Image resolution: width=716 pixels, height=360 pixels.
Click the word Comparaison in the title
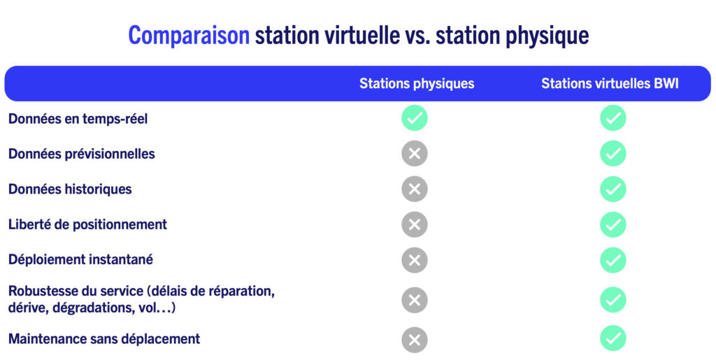[189, 35]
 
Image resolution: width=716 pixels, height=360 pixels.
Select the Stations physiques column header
[417, 83]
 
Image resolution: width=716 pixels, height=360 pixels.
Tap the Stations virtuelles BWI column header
[610, 83]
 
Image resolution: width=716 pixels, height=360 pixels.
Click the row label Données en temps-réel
[78, 119]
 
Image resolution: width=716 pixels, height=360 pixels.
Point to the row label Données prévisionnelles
[81, 154]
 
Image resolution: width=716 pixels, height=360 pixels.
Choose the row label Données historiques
[70, 189]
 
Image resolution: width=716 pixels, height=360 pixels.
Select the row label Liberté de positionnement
[87, 224]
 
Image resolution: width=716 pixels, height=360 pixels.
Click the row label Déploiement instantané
[80, 259]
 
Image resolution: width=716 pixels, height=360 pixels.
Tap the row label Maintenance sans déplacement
[104, 339]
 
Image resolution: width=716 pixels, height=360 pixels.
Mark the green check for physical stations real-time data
[415, 118]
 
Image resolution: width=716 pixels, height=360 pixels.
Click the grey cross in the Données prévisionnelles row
[415, 153]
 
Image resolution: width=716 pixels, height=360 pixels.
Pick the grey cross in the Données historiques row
[415, 189]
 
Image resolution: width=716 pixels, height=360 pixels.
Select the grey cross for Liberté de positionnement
[415, 224]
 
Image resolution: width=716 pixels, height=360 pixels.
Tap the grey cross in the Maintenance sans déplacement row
[415, 340]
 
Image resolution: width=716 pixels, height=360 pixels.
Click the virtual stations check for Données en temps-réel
[613, 118]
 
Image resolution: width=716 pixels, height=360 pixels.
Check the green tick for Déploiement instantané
[613, 260]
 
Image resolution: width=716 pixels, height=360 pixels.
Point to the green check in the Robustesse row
[613, 300]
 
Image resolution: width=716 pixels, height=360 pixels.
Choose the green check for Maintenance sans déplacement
[613, 338]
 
